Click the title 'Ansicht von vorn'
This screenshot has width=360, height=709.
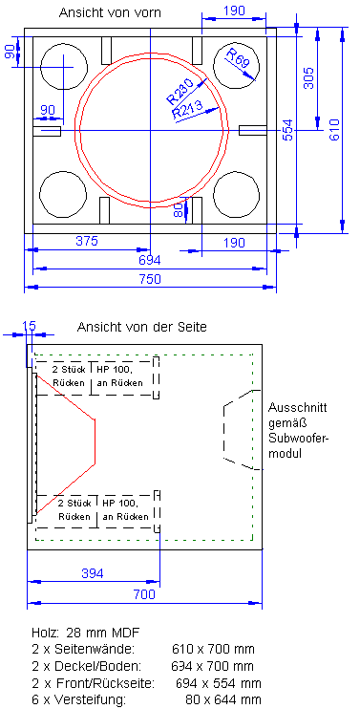coord(111,12)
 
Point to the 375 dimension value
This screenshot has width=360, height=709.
coord(87,242)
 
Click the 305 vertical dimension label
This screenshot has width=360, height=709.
coord(307,78)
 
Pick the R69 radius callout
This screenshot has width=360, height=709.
coord(238,64)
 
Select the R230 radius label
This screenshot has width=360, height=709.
coord(179,92)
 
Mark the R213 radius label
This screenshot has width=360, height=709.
coord(187,111)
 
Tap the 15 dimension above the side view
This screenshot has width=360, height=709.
coord(29,326)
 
